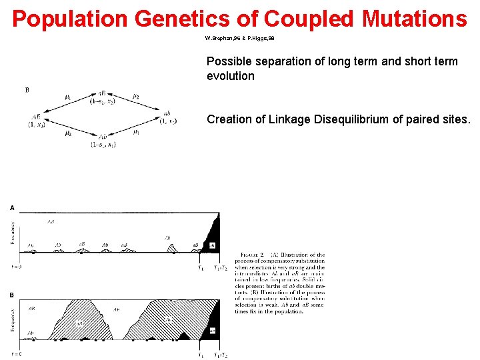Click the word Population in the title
click(x=70, y=19)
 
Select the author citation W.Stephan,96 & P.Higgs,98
click(x=240, y=38)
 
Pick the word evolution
click(x=231, y=76)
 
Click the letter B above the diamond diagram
click(x=27, y=89)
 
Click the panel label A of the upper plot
click(x=12, y=207)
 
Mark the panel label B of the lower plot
click(x=12, y=294)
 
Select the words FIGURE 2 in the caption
click(x=253, y=255)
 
